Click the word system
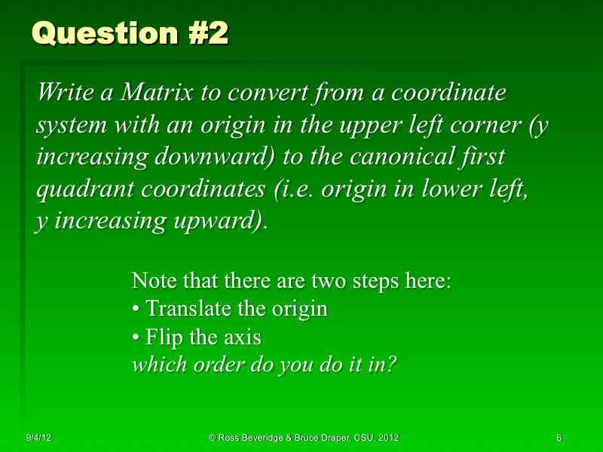[68, 125]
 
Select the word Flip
[164, 337]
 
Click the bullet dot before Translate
[136, 310]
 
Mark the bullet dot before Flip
[136, 337]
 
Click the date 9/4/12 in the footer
[38, 438]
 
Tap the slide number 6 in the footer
[559, 438]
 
